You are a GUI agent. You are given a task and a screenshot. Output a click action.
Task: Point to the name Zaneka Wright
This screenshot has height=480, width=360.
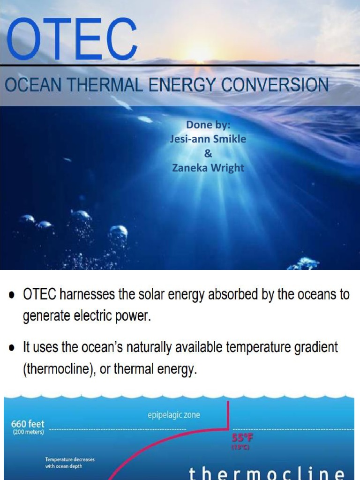click(208, 167)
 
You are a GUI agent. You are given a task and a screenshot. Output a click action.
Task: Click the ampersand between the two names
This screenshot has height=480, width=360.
click(209, 153)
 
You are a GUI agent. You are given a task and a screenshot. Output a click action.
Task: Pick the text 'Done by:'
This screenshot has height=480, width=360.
click(209, 125)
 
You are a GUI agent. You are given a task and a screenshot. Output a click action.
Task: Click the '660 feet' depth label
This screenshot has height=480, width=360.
click(28, 424)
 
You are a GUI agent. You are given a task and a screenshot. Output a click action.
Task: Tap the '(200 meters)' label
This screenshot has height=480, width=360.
click(28, 432)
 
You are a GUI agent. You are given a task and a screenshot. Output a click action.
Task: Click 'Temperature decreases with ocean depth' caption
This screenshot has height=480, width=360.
click(69, 463)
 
